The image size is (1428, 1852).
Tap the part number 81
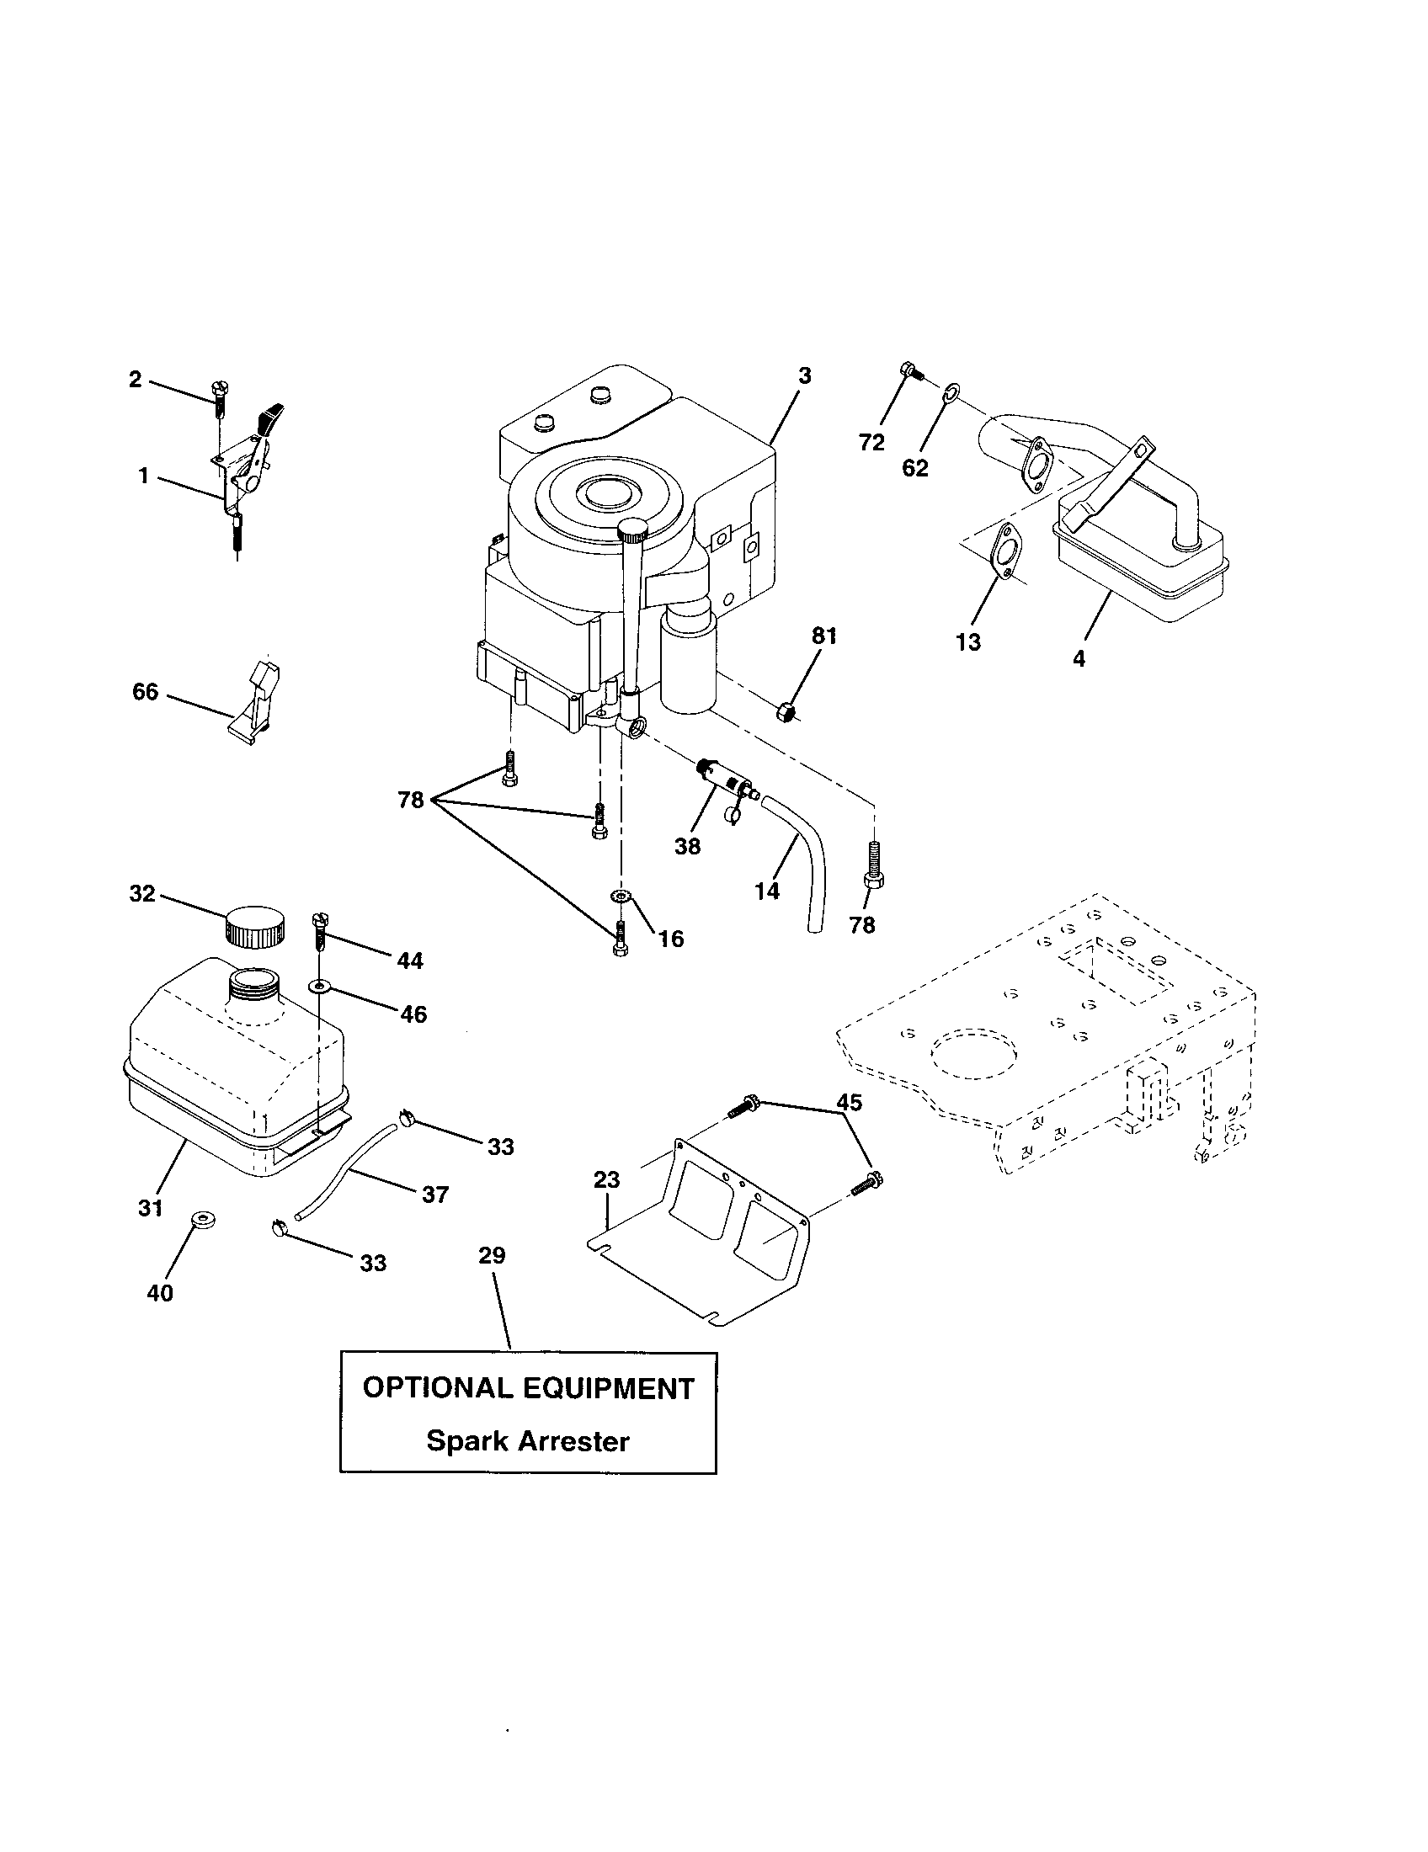pos(823,636)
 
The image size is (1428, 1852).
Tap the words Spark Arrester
pos(527,1440)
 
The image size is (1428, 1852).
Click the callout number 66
pos(145,692)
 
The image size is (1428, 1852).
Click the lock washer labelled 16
pos(622,897)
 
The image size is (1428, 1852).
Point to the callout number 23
pos(607,1179)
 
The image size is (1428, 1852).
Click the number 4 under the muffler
pos(1079,658)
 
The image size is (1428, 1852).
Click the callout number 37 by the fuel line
pos(435,1195)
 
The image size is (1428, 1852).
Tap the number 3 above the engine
pos(805,375)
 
